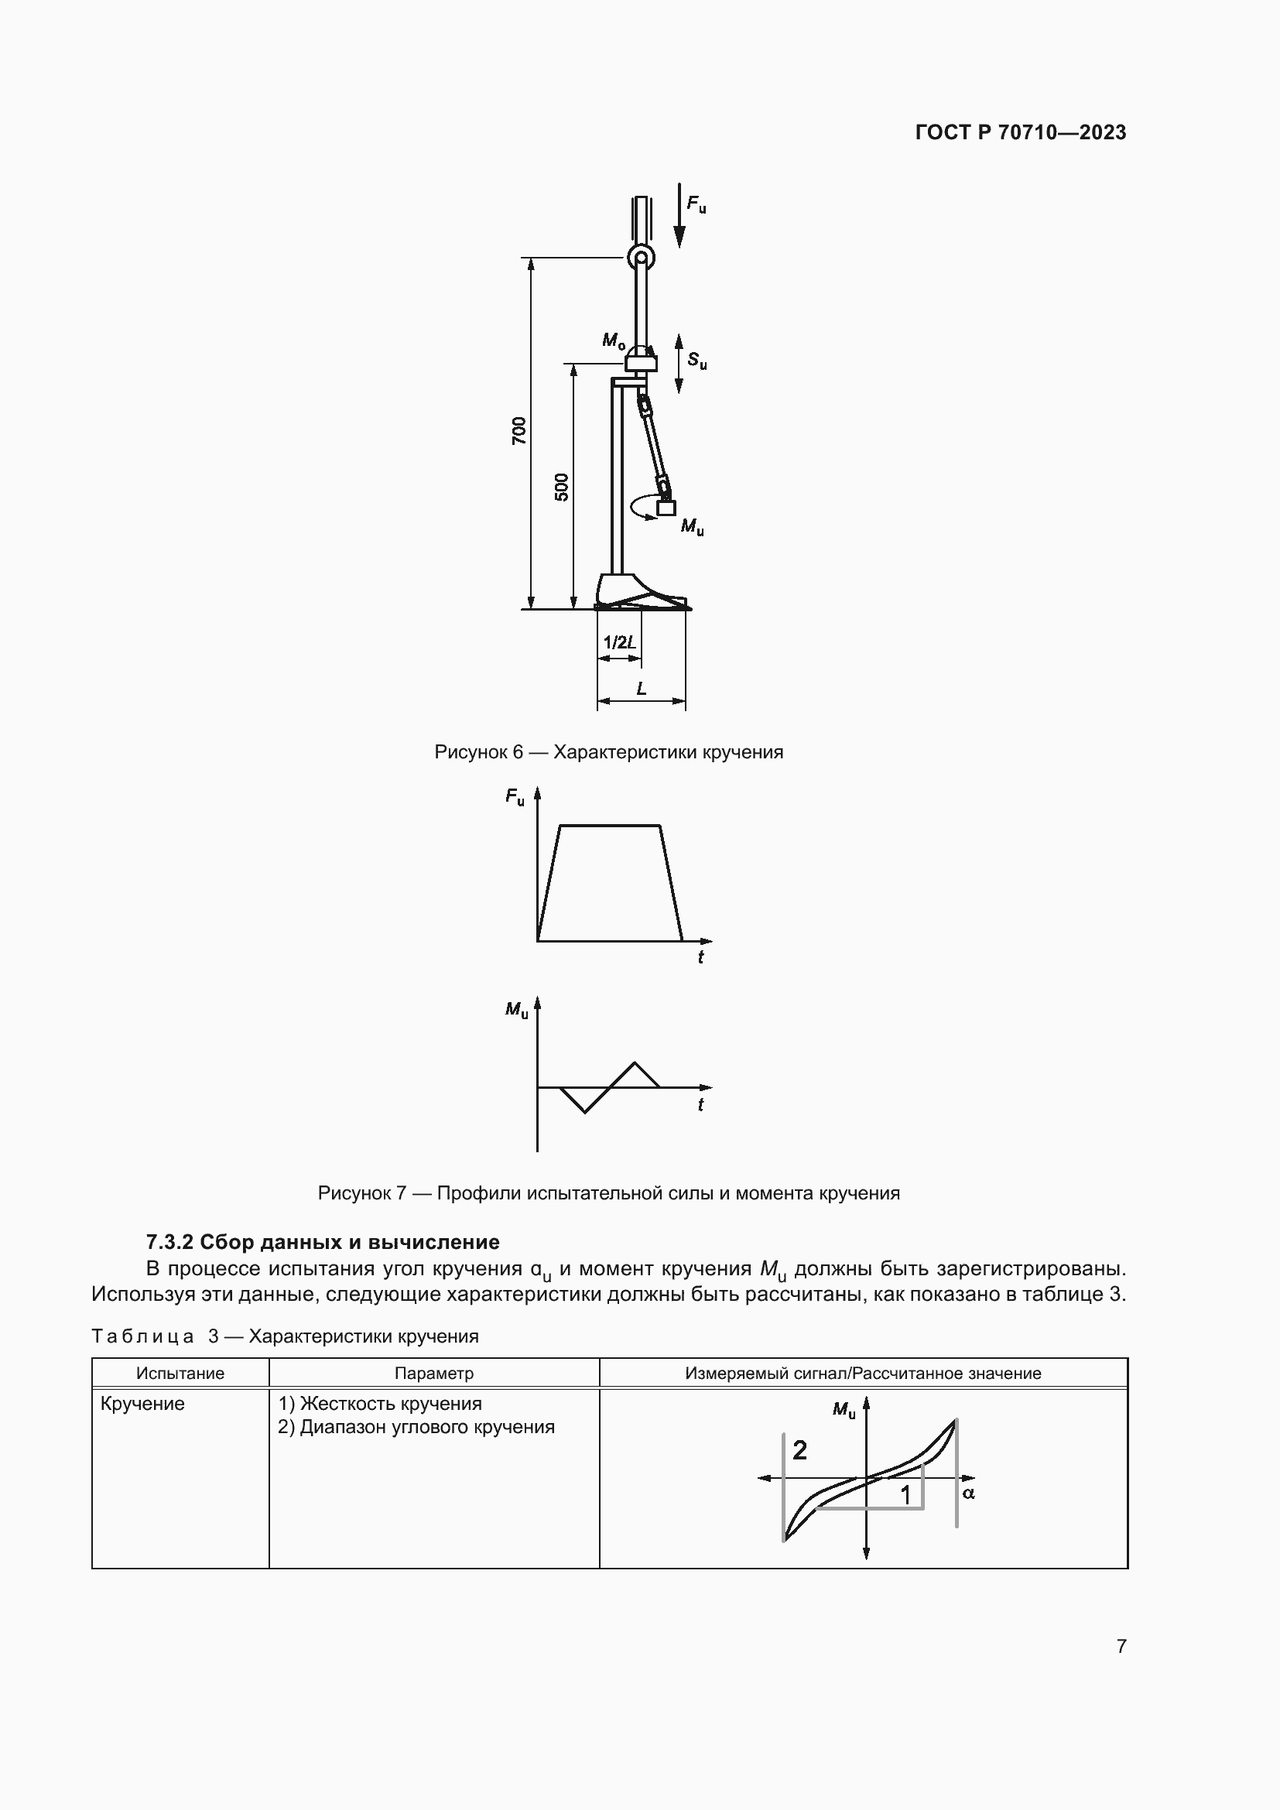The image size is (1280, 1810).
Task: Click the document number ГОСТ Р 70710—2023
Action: (x=1020, y=132)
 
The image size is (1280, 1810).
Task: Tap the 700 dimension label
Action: (x=519, y=430)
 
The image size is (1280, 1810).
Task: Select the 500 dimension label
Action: (x=561, y=488)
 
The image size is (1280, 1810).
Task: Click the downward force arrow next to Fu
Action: (x=679, y=216)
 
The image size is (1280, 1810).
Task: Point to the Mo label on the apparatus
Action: (x=613, y=340)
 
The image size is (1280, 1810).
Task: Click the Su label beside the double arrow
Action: (x=696, y=361)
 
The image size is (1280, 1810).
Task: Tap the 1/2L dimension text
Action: (x=620, y=642)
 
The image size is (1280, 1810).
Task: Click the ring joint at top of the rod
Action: (x=641, y=256)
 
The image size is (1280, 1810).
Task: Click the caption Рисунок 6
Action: (x=608, y=752)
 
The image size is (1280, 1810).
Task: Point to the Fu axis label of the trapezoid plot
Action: (x=515, y=797)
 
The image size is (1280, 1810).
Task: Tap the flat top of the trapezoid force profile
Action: (x=609, y=826)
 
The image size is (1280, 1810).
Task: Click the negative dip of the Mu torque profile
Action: (x=584, y=1109)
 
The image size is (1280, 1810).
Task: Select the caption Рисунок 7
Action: (x=608, y=1192)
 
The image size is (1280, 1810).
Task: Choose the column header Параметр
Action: (x=433, y=1374)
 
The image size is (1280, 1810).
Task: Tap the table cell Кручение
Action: (x=142, y=1404)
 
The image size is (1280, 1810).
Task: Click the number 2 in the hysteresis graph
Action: (x=799, y=1449)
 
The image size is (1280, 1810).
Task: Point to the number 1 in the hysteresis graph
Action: (x=905, y=1495)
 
